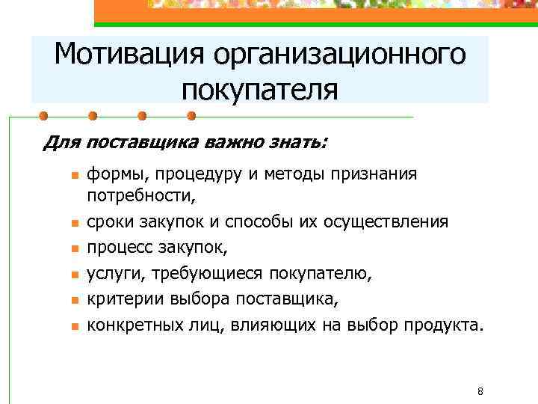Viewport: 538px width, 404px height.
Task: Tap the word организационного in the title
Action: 338,55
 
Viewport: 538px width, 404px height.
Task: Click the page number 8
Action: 480,391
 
